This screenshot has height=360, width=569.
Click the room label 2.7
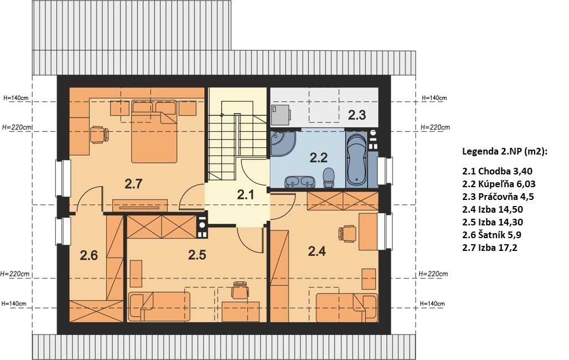pyautogui.click(x=133, y=184)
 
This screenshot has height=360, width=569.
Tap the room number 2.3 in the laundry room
pyautogui.click(x=356, y=115)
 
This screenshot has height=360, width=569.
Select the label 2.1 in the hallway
pyautogui.click(x=246, y=195)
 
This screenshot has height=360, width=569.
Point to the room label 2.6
pyautogui.click(x=89, y=255)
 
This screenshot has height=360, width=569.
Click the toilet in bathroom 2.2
pyautogui.click(x=328, y=178)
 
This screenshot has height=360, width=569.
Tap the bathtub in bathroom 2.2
pyautogui.click(x=356, y=160)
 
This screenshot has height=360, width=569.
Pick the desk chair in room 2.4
pyautogui.click(x=346, y=233)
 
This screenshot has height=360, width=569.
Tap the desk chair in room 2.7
pyautogui.click(x=99, y=135)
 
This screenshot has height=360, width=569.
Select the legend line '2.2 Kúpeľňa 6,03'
pyautogui.click(x=499, y=184)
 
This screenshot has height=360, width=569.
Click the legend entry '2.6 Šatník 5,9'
pyautogui.click(x=492, y=235)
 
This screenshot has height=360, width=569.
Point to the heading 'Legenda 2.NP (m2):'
pyautogui.click(x=504, y=152)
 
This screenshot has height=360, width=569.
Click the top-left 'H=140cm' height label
pyautogui.click(x=16, y=97)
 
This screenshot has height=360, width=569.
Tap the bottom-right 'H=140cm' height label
pyautogui.click(x=432, y=304)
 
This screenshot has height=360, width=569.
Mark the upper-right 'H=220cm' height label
pyautogui.click(x=435, y=127)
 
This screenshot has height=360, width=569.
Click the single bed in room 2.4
pyautogui.click(x=347, y=308)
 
